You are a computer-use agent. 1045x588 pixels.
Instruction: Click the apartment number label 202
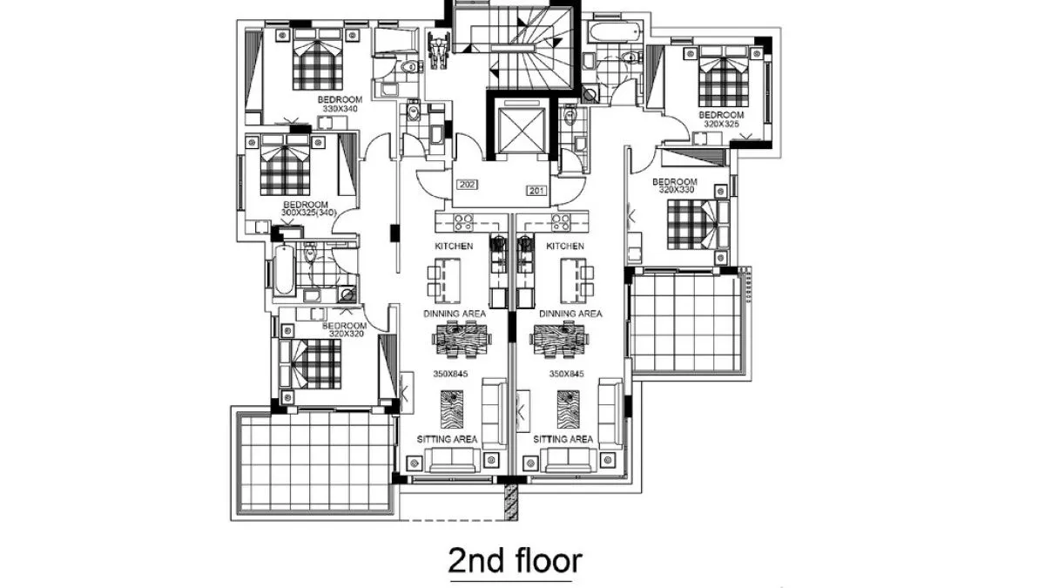pos(468,185)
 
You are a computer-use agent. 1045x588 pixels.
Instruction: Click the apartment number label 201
pos(536,191)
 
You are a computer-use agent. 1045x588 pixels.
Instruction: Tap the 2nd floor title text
pos(515,560)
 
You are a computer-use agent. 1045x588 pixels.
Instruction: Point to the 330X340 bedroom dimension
pos(340,109)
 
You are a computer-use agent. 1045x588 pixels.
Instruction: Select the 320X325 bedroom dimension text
pos(721,124)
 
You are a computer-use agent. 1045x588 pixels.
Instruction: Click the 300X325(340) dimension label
pos(308,213)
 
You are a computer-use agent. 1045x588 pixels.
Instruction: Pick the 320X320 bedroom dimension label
pos(347,335)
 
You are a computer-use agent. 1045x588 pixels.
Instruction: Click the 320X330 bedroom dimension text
pos(677,190)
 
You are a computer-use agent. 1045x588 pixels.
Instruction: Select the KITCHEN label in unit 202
pos(454,246)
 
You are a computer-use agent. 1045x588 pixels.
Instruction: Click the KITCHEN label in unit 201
pos(565,246)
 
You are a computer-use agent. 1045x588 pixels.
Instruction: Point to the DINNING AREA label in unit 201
pos(570,314)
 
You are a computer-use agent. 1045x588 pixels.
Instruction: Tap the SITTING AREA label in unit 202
pos(447,439)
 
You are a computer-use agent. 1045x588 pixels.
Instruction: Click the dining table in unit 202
pos(462,340)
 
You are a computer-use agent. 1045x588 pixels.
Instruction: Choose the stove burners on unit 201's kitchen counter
pos(561,223)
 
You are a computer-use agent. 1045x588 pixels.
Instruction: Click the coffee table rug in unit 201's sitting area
pos(568,409)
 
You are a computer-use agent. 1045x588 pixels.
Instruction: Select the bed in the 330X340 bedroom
pos(318,59)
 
